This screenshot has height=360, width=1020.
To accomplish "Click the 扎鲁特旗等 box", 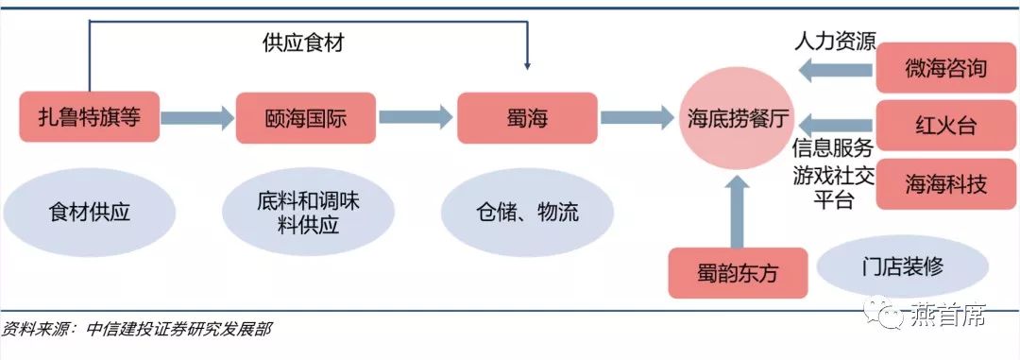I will [89, 117].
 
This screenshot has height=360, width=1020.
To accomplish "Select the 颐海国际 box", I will [305, 117].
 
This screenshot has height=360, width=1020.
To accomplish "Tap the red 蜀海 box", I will [527, 117].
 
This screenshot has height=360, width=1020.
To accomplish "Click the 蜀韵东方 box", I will [739, 273].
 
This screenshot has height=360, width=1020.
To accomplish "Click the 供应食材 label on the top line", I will [303, 43].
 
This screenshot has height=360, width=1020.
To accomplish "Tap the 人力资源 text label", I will [835, 42].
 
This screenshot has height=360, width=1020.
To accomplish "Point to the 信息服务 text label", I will [832, 147].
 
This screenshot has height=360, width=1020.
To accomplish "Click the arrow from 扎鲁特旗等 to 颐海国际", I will [196, 117].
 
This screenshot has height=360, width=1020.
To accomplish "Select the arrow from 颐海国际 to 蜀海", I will [416, 117].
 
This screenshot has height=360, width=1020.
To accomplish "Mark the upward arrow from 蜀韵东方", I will [739, 209].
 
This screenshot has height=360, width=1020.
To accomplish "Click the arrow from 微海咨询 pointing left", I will [834, 69].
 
